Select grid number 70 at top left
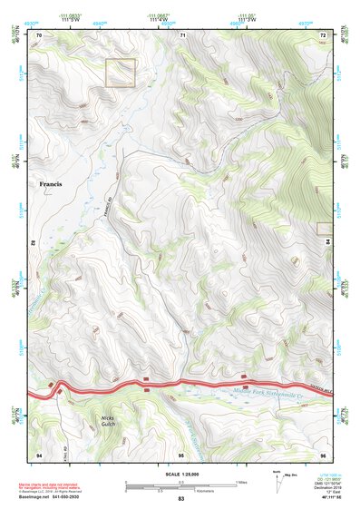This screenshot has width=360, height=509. pyautogui.click(x=39, y=34)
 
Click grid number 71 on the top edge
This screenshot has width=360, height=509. pyautogui.click(x=182, y=34)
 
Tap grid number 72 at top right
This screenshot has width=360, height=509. pyautogui.click(x=322, y=34)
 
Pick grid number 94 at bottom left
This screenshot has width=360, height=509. pyautogui.click(x=39, y=453)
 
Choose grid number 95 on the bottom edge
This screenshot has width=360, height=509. pyautogui.click(x=181, y=453)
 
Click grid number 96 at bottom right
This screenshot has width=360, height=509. pyautogui.click(x=322, y=453)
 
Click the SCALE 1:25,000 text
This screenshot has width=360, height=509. pyautogui.click(x=180, y=474)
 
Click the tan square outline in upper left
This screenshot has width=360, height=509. pyautogui.click(x=121, y=73)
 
